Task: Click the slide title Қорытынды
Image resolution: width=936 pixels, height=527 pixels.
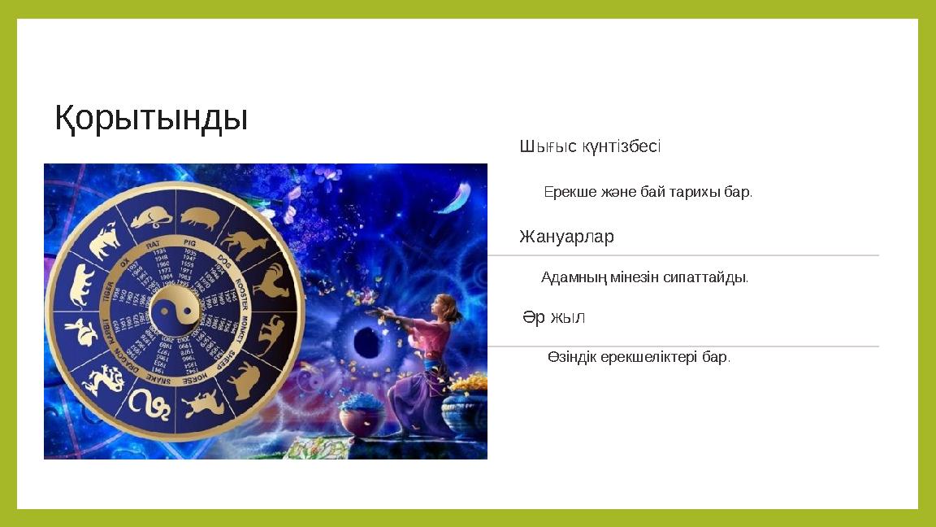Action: pyautogui.click(x=151, y=119)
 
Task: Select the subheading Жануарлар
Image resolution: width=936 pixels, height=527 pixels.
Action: pyautogui.click(x=566, y=237)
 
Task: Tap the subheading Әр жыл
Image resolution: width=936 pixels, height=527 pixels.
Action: pyautogui.click(x=553, y=317)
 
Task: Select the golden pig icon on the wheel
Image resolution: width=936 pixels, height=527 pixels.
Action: pyautogui.click(x=200, y=218)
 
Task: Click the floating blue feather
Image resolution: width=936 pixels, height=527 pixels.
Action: pyautogui.click(x=453, y=198)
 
